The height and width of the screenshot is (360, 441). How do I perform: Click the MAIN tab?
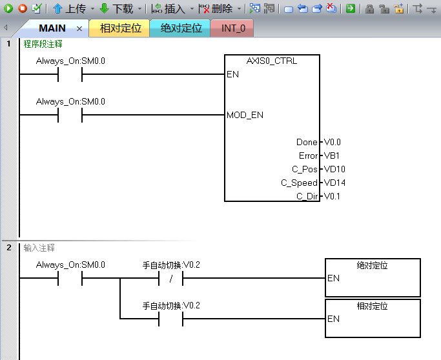pos(52,28)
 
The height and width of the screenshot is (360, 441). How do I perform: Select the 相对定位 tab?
pos(120,28)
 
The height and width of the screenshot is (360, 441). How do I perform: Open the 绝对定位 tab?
pos(181,28)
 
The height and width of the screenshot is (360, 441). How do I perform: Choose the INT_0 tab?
pos(233,28)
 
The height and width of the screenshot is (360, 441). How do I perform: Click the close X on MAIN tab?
pos(79,29)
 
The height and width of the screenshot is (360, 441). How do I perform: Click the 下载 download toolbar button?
pos(117,9)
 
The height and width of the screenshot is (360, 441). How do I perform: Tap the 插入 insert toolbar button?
pos(169,9)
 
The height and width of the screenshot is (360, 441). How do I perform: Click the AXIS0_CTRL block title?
pos(272,61)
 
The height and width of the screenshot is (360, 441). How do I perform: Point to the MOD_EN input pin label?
pos(245,115)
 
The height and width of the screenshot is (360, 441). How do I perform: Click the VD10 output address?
pos(335,169)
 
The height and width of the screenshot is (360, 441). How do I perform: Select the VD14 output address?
pos(335,183)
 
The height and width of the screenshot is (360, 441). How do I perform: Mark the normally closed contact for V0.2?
pos(171,279)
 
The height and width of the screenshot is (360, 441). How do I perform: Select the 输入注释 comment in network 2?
pos(39,247)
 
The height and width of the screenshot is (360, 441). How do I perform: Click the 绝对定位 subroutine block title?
pos(373,265)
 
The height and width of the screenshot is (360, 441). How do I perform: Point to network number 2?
pos(9,247)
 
